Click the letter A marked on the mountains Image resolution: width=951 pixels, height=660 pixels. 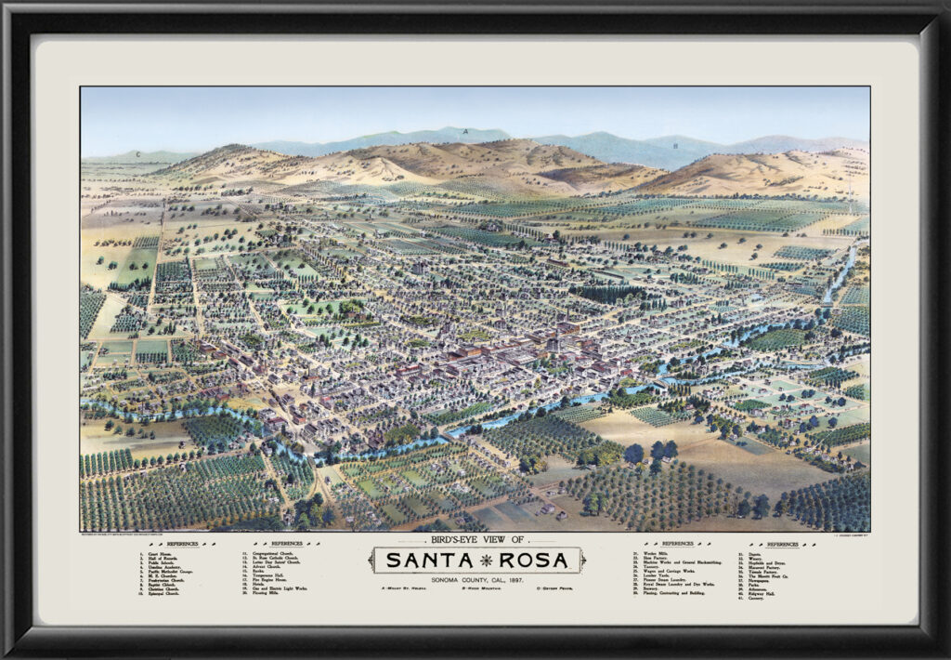464,131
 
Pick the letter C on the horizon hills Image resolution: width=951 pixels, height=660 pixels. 138,153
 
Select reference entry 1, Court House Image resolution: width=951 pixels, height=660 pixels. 154,552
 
